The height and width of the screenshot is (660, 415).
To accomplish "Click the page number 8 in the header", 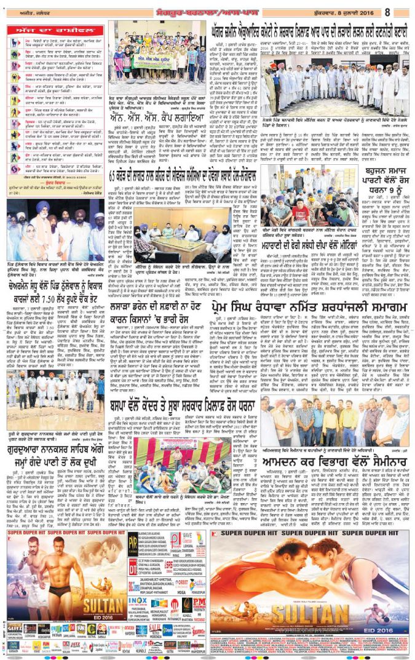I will click(x=405, y=10).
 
